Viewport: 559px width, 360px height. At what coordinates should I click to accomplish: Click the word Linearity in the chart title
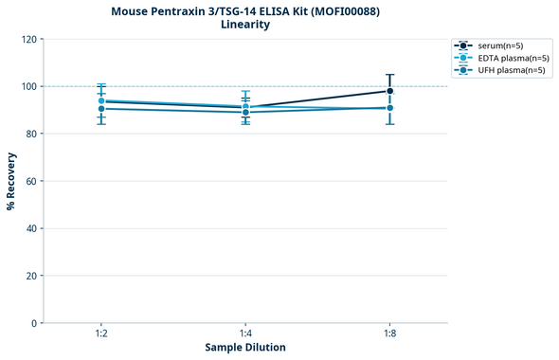pyautogui.click(x=245, y=25)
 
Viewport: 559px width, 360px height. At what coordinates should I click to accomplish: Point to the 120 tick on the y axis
pyautogui.click(x=29, y=39)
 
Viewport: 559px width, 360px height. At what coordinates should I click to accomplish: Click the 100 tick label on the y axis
pyautogui.click(x=29, y=86)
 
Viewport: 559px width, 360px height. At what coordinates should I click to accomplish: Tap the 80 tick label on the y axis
pyautogui.click(x=32, y=134)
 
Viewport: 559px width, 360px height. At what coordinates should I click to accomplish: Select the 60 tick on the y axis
pyautogui.click(x=32, y=181)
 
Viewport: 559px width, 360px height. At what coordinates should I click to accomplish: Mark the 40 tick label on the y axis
pyautogui.click(x=32, y=228)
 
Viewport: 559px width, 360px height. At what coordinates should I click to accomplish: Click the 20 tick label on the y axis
pyautogui.click(x=32, y=276)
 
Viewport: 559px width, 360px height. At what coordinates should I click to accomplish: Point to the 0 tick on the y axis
pyautogui.click(x=35, y=323)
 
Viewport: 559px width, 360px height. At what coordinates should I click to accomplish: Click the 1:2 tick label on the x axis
pyautogui.click(x=101, y=334)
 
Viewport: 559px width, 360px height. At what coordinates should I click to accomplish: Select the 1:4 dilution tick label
pyautogui.click(x=245, y=334)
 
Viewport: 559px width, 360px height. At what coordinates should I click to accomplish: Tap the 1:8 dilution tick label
pyautogui.click(x=389, y=334)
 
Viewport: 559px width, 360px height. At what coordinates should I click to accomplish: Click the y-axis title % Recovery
pyautogui.click(x=11, y=181)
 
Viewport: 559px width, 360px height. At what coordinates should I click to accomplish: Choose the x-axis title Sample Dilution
pyautogui.click(x=245, y=348)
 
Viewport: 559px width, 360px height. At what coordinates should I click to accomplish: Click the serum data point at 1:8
pyautogui.click(x=389, y=91)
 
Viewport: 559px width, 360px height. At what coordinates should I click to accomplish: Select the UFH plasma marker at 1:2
pyautogui.click(x=101, y=109)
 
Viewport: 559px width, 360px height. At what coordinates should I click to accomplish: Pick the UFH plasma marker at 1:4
pyautogui.click(x=245, y=113)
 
